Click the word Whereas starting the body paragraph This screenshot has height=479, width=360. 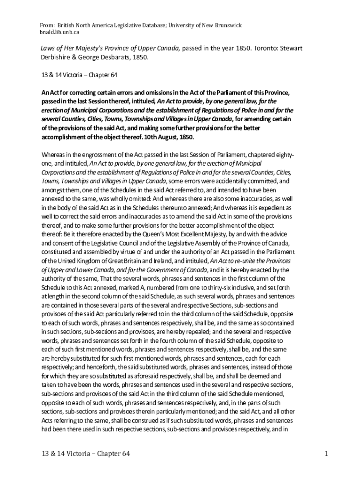tap(54, 155)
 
